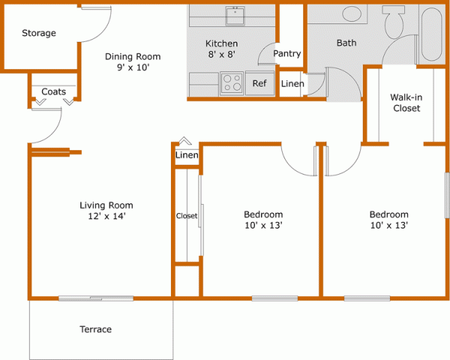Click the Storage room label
[x=39, y=33]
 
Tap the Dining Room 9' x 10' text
[x=133, y=62]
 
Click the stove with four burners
[x=232, y=82]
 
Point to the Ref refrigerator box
[x=259, y=83]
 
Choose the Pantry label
[x=287, y=54]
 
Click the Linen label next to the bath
[x=292, y=83]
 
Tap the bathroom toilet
[x=394, y=21]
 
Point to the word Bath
[x=346, y=43]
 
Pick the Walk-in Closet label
[x=406, y=103]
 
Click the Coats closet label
[x=53, y=91]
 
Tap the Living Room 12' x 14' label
[x=106, y=211]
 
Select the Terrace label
[x=95, y=329]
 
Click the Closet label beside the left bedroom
[x=186, y=216]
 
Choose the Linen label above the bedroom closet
[x=186, y=155]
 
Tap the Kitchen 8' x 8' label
[x=222, y=49]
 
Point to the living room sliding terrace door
[x=81, y=298]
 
